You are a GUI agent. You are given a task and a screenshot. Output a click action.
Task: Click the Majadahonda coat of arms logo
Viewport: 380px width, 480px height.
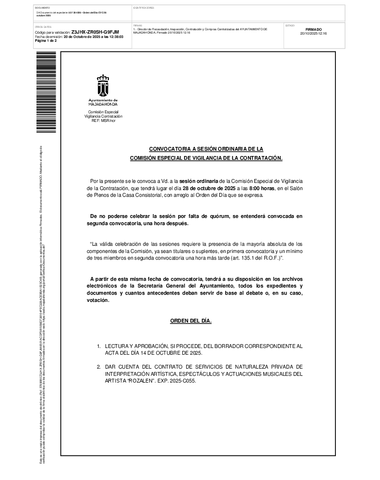click(103, 85)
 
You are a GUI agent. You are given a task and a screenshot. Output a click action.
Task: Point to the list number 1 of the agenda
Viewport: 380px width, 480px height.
click(99, 346)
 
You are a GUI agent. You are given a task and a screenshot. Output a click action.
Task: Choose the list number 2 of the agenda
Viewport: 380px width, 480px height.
click(99, 366)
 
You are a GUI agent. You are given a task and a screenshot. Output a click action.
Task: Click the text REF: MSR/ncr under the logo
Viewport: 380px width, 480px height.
click(103, 120)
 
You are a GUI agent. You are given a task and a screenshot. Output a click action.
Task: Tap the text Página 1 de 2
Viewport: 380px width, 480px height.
click(46, 41)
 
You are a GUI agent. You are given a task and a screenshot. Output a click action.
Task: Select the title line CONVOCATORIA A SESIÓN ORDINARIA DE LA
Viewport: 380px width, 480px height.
click(206, 149)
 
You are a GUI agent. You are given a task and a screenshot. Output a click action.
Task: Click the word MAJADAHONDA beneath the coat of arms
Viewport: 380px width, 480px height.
click(103, 104)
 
